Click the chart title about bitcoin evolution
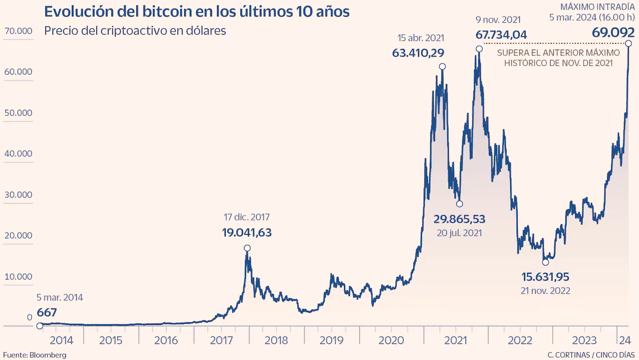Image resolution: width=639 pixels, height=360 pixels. (197, 11)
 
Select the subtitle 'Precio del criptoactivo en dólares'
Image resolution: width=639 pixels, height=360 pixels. (135, 30)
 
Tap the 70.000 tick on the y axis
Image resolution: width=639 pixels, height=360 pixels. (18, 31)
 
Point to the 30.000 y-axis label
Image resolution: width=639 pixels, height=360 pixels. (18, 195)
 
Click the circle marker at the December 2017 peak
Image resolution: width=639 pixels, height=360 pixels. (247, 248)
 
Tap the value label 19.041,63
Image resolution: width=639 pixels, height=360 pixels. (247, 232)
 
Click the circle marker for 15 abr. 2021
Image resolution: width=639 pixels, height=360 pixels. (442, 67)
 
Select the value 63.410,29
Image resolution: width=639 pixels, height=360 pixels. (419, 53)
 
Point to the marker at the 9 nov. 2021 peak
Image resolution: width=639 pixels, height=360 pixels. (479, 48)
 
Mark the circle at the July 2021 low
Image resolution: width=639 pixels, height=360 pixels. (460, 203)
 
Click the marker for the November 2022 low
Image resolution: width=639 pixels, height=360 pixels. (545, 262)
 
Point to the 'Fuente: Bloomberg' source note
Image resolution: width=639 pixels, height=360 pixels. (35, 355)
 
